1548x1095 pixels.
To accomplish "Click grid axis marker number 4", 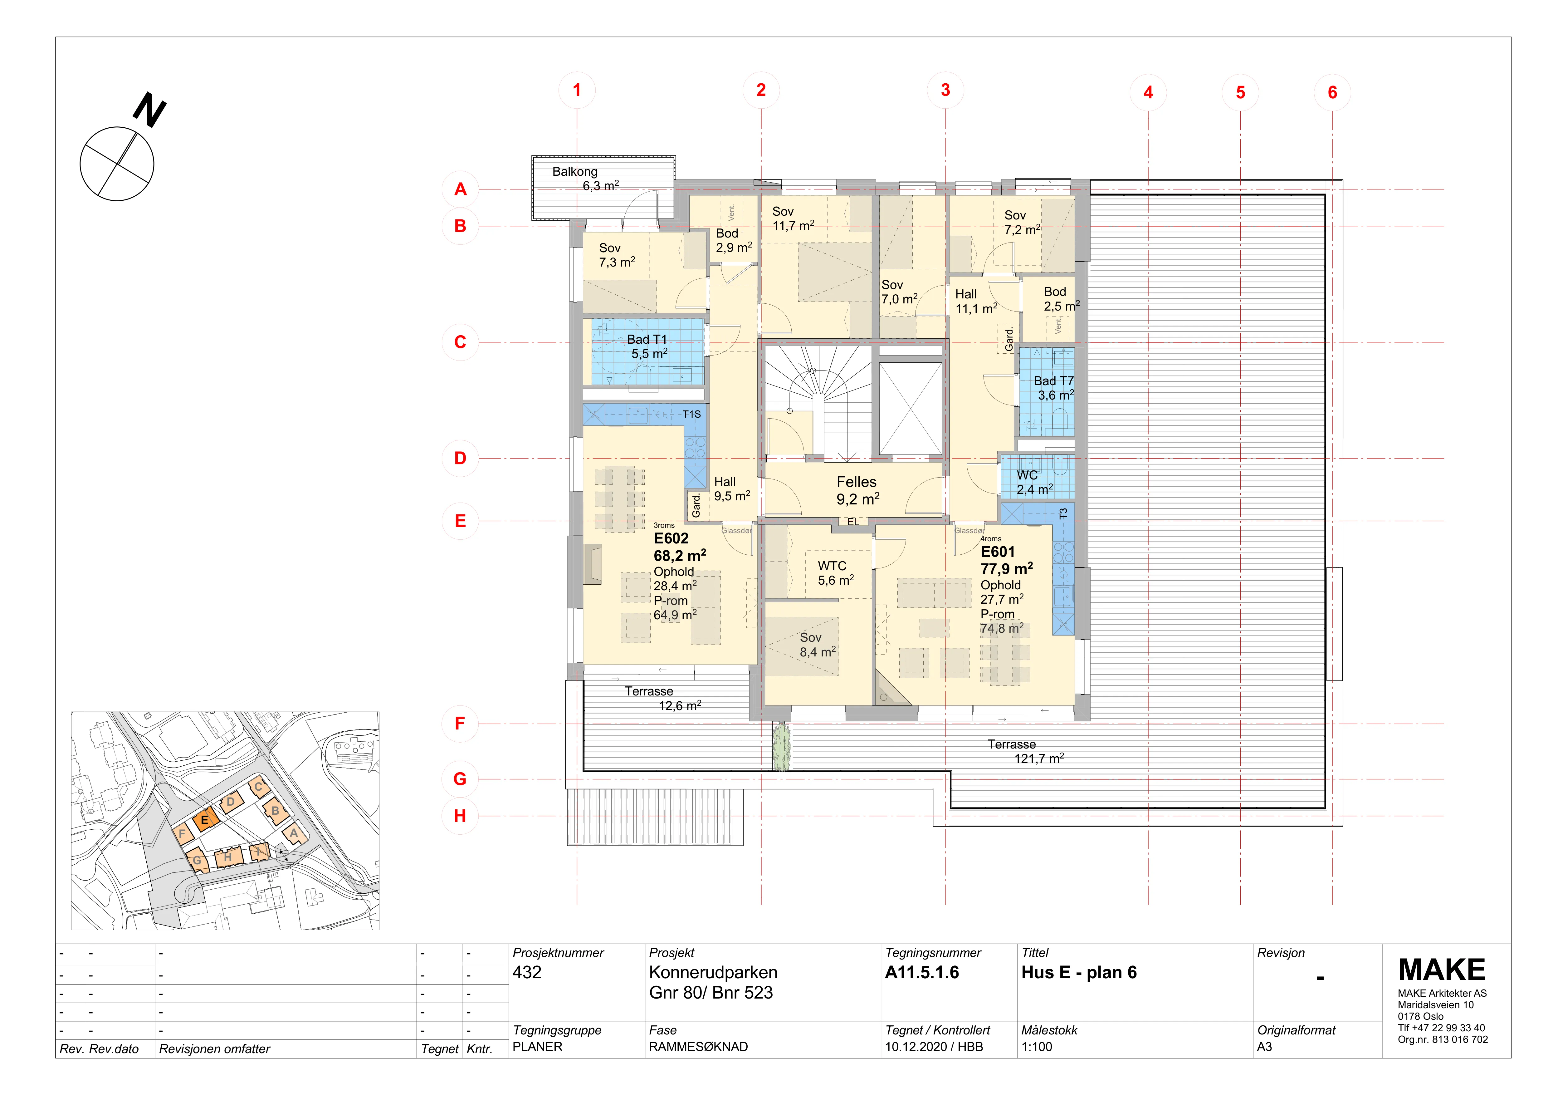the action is pyautogui.click(x=1148, y=92).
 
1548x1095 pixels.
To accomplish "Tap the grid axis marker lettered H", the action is pyautogui.click(x=460, y=816).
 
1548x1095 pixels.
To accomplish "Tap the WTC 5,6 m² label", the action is pyautogui.click(x=835, y=573).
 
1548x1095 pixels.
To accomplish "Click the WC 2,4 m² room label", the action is pyautogui.click(x=1034, y=482).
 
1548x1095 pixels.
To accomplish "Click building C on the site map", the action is pyautogui.click(x=258, y=786).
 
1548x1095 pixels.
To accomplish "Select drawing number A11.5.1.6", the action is pyautogui.click(x=922, y=972).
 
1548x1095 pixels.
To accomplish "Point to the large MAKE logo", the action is pyautogui.click(x=1442, y=970).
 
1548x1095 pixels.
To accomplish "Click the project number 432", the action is pyautogui.click(x=527, y=972).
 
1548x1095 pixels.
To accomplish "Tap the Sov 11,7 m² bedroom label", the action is pyautogui.click(x=793, y=219).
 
